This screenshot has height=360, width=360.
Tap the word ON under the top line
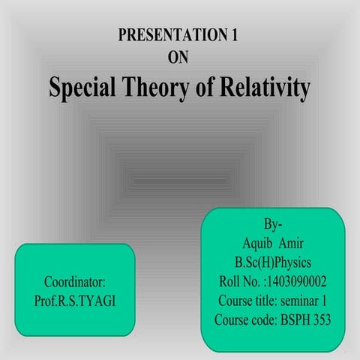[180, 58]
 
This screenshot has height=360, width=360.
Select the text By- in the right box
[274, 225]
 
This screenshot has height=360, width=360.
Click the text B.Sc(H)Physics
[273, 263]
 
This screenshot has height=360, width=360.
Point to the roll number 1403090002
[296, 283]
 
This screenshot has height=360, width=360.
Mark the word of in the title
[202, 88]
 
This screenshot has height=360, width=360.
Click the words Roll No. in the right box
[233, 283]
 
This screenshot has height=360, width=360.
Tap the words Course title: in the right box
[247, 301]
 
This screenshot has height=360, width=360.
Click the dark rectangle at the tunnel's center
[180, 180]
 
